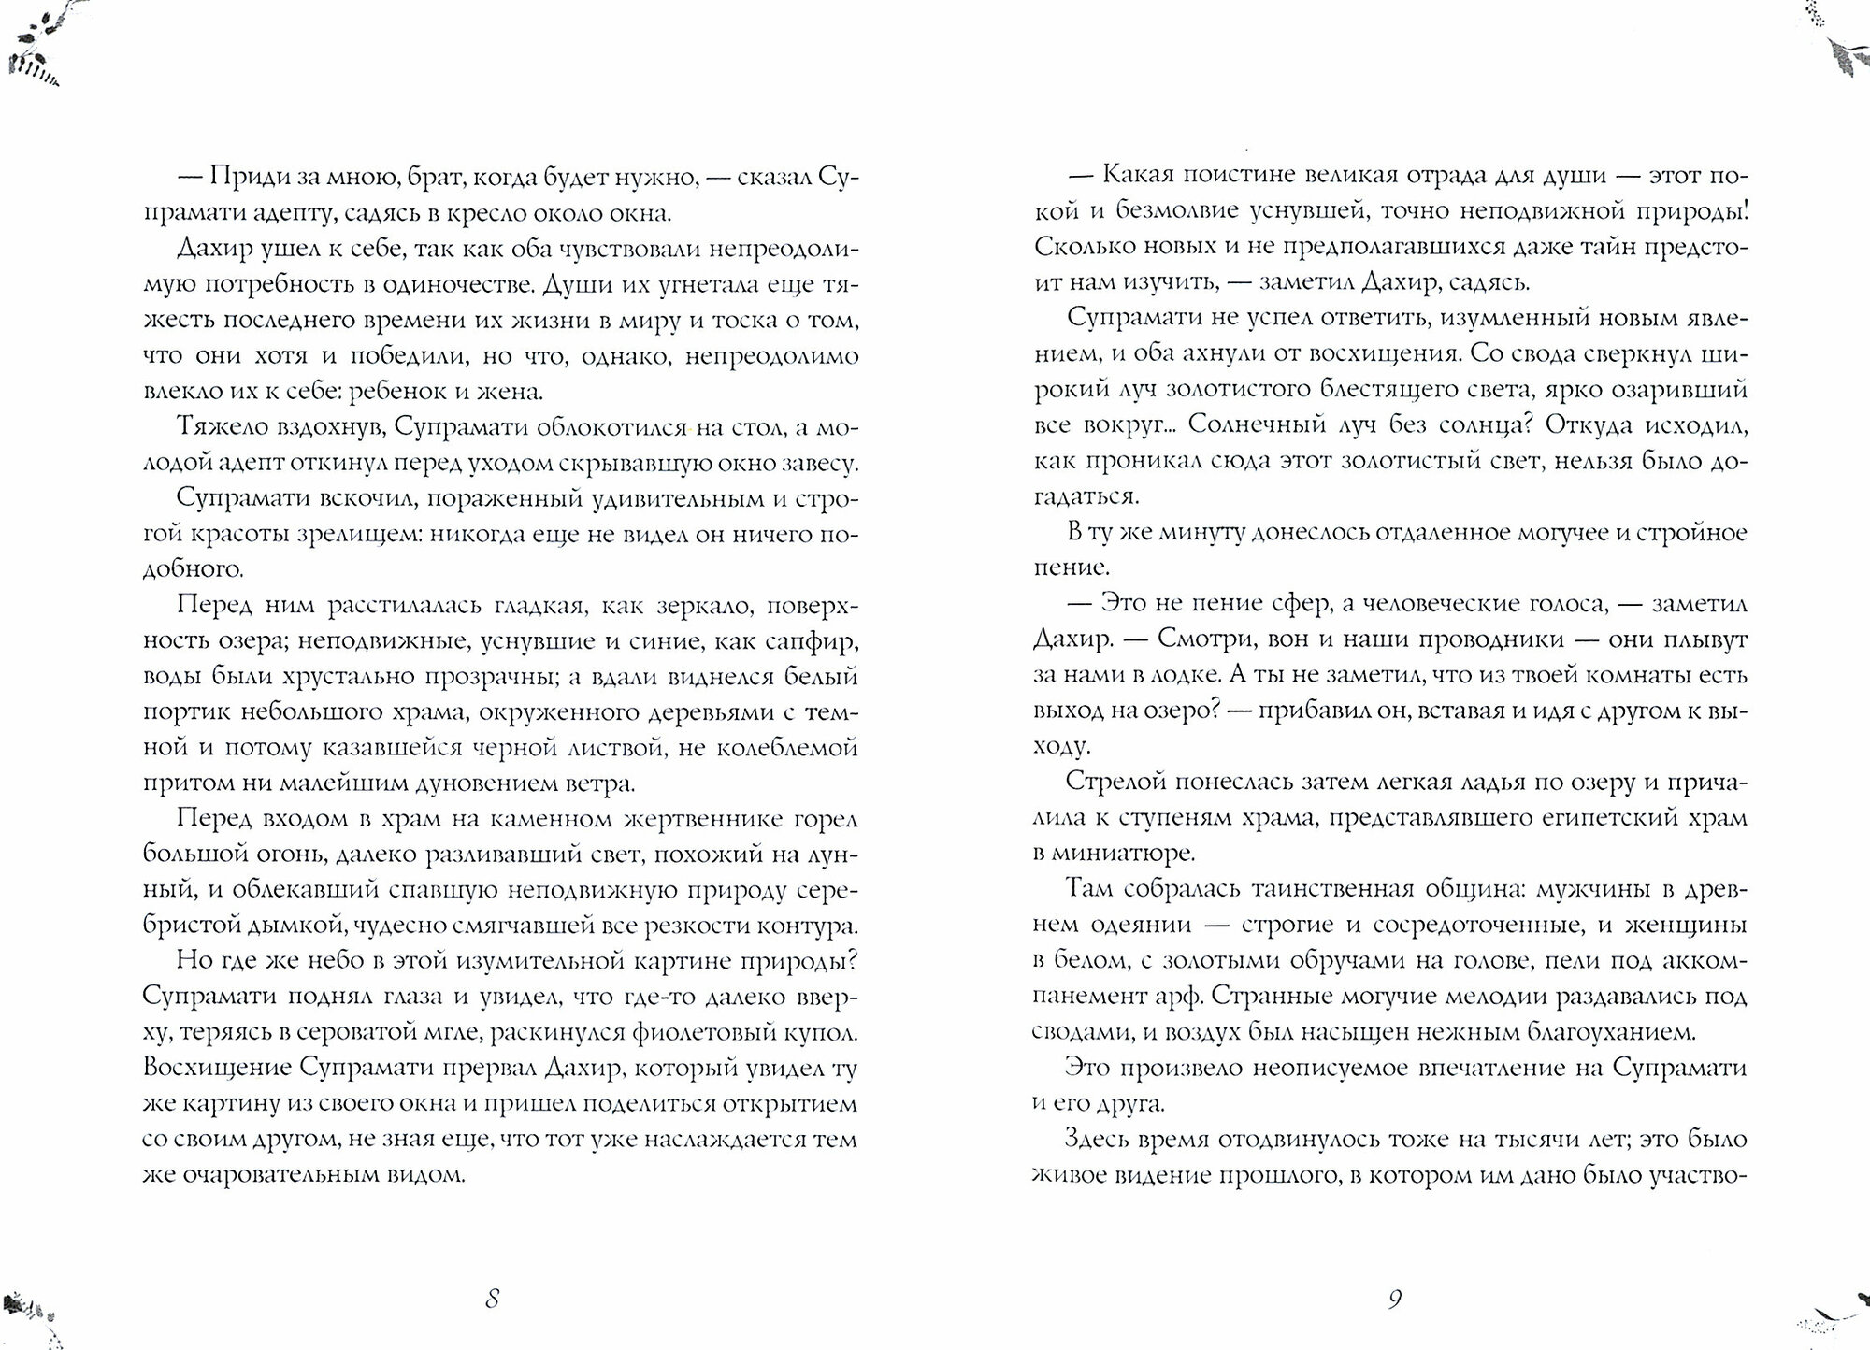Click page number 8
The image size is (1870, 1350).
coord(492,1300)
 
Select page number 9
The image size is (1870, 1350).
coord(1394,1300)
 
